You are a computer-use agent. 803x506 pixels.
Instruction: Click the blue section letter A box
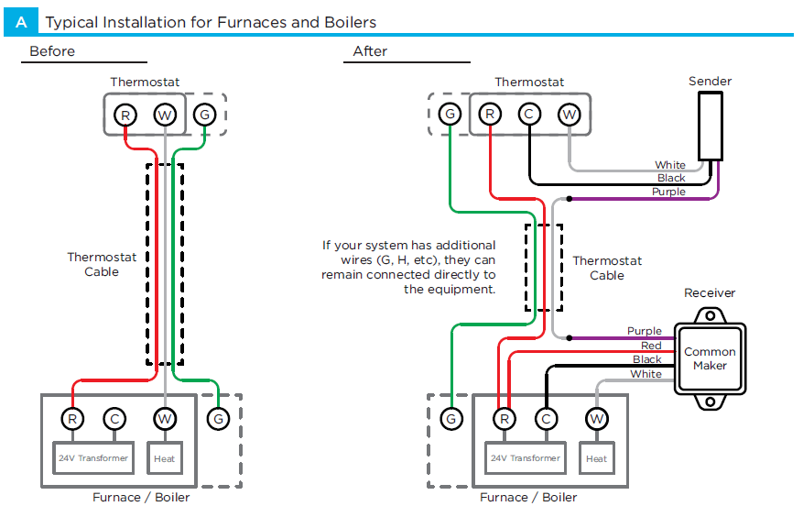pos(21,21)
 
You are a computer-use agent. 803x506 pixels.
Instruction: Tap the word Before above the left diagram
pos(52,51)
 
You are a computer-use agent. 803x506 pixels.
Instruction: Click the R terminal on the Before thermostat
pos(125,115)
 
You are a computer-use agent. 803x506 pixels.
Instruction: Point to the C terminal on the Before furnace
pos(113,419)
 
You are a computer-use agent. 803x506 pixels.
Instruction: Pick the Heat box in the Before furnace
pos(165,457)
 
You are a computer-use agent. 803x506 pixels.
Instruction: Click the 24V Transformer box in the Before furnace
pos(92,457)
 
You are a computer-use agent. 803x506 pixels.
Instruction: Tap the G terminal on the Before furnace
pos(218,419)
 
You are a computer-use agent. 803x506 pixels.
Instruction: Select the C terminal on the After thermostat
pos(529,114)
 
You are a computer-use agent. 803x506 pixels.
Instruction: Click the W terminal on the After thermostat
pos(570,114)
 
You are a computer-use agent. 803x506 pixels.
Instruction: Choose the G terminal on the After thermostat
pos(450,114)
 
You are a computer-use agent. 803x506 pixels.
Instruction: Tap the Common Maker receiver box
pos(710,358)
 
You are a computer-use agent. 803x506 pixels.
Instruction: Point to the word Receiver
pos(710,293)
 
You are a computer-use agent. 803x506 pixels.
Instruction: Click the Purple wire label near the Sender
pos(668,192)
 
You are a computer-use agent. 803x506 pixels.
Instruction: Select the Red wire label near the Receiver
pos(651,346)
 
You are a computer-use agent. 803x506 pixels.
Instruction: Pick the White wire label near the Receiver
pos(646,374)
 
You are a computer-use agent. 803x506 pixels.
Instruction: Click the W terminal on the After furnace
pos(597,419)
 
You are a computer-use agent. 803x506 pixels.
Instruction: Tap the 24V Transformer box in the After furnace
pos(525,457)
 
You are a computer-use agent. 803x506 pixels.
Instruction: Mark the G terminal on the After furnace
pos(450,419)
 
